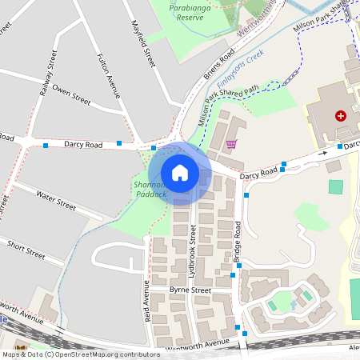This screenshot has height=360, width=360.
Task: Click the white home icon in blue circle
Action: (x=180, y=173)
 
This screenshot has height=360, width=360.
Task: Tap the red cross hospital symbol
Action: (x=342, y=116)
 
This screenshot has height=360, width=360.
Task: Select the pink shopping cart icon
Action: (x=231, y=144)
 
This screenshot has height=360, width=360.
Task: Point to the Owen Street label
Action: (x=72, y=97)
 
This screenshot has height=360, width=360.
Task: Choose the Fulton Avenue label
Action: (x=107, y=77)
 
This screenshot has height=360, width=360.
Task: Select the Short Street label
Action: (x=26, y=249)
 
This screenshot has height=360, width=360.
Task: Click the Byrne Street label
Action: (x=190, y=290)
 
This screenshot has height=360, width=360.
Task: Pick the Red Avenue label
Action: (x=146, y=301)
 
